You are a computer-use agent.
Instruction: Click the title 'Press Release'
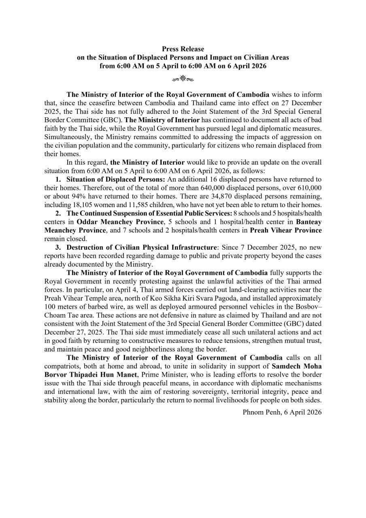click(x=183, y=49)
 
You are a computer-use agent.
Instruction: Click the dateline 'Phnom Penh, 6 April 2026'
click(x=282, y=412)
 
